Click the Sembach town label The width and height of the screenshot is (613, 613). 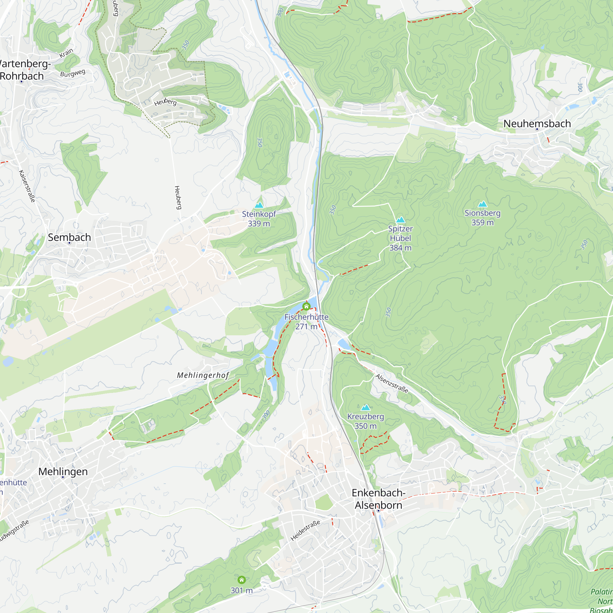click(69, 237)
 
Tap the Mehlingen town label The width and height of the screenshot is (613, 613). click(63, 471)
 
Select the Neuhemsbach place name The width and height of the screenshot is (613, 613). click(537, 124)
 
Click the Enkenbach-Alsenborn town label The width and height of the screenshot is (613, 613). click(378, 499)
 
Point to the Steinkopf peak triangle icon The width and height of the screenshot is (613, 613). click(259, 205)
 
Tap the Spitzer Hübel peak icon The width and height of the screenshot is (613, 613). click(400, 219)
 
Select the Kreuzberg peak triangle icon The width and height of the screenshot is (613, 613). click(366, 407)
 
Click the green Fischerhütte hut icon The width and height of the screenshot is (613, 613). click(306, 306)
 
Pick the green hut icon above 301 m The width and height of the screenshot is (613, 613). click(242, 580)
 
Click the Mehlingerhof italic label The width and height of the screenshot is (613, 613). click(203, 375)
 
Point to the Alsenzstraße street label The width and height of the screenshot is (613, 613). click(391, 383)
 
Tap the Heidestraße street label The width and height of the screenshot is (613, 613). click(305, 531)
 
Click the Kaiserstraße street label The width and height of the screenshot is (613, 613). click(27, 186)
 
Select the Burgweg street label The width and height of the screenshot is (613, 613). click(73, 73)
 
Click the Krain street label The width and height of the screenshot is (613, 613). click(66, 53)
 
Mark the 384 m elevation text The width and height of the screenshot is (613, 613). click(400, 248)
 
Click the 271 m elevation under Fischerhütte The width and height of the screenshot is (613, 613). click(306, 326)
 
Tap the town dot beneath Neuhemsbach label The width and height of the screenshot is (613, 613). click(537, 129)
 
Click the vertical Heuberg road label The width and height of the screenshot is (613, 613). click(178, 197)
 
